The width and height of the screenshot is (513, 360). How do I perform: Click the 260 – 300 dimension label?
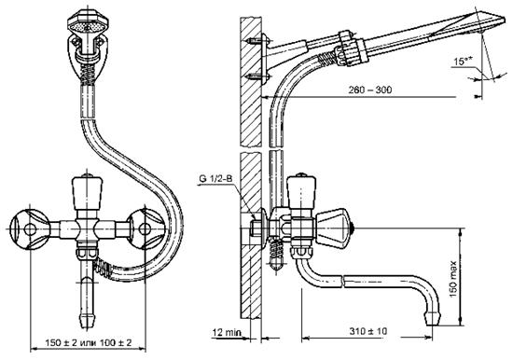pyautogui.click(x=369, y=90)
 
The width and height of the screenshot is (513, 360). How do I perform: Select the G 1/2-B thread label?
pyautogui.click(x=215, y=179)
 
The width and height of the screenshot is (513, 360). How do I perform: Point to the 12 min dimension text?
pyautogui.click(x=227, y=333)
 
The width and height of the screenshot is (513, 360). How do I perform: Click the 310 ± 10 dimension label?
pyautogui.click(x=367, y=331)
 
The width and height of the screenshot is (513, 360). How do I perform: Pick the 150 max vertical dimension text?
pyautogui.click(x=453, y=279)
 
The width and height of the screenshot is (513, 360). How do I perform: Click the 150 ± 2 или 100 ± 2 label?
pyautogui.click(x=89, y=342)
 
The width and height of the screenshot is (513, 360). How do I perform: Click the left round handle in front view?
pyautogui.click(x=30, y=229)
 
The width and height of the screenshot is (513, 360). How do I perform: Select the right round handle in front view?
pyautogui.click(x=146, y=228)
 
